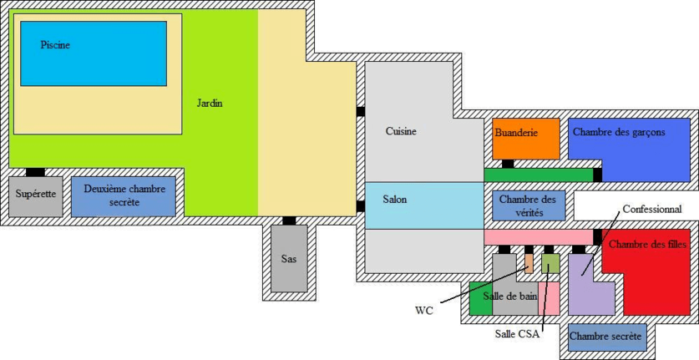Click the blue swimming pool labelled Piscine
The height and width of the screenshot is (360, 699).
coord(93,53)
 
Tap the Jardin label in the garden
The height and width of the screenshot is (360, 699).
coord(210,104)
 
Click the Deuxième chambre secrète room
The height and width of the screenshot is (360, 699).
coord(124,196)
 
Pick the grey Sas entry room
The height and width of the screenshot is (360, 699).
coord(289,258)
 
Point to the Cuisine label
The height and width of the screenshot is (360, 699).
coord(401,131)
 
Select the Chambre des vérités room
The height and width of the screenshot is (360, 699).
coord(528,205)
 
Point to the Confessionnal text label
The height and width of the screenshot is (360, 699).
coord(652,209)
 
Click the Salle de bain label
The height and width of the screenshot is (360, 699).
coord(509,296)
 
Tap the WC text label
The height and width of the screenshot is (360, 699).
coord(424,311)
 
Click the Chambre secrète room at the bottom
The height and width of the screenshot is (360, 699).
coord(607,337)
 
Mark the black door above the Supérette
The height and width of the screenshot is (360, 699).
coord(35,172)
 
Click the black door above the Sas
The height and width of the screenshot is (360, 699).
coord(289,221)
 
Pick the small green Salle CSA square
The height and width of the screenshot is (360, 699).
coord(550,265)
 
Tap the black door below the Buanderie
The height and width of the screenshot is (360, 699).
coord(508,164)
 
